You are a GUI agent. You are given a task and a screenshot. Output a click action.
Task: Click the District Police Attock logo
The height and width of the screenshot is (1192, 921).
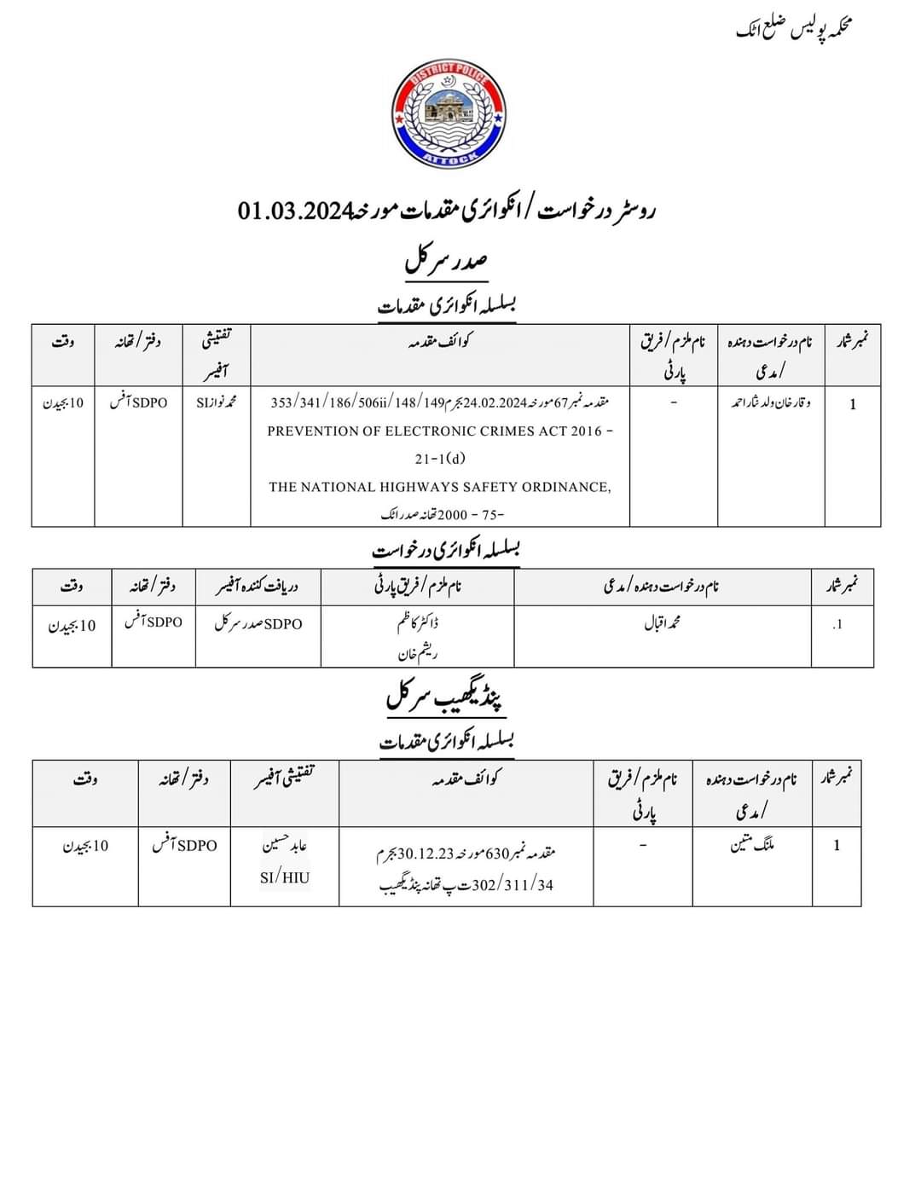tap(448, 114)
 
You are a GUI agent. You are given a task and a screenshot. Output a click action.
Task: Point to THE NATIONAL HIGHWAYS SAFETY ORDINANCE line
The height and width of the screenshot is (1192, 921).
tap(440, 487)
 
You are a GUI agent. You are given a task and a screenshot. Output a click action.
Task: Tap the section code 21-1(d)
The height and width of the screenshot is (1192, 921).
tap(440, 459)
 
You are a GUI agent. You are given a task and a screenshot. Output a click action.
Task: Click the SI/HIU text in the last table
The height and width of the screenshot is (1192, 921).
tap(285, 877)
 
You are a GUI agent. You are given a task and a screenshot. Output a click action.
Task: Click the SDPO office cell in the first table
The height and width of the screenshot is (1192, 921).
tap(138, 402)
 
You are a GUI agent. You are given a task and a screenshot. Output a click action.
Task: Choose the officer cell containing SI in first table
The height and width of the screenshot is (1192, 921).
tap(216, 402)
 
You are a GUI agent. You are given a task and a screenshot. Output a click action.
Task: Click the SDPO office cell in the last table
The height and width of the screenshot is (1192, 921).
tap(184, 845)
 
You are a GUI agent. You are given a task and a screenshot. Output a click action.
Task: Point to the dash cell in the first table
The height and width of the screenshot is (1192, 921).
tap(673, 402)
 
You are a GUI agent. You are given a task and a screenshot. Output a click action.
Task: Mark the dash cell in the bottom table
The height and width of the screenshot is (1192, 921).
tap(643, 845)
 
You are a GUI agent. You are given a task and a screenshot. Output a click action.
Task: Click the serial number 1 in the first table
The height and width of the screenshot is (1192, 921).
tap(852, 404)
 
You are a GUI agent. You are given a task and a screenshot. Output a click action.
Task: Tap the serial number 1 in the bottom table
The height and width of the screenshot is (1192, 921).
tap(837, 845)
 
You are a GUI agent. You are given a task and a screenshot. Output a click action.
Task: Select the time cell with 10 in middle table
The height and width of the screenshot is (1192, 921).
tap(72, 626)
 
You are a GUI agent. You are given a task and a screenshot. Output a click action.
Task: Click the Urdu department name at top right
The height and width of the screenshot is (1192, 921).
tap(794, 29)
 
